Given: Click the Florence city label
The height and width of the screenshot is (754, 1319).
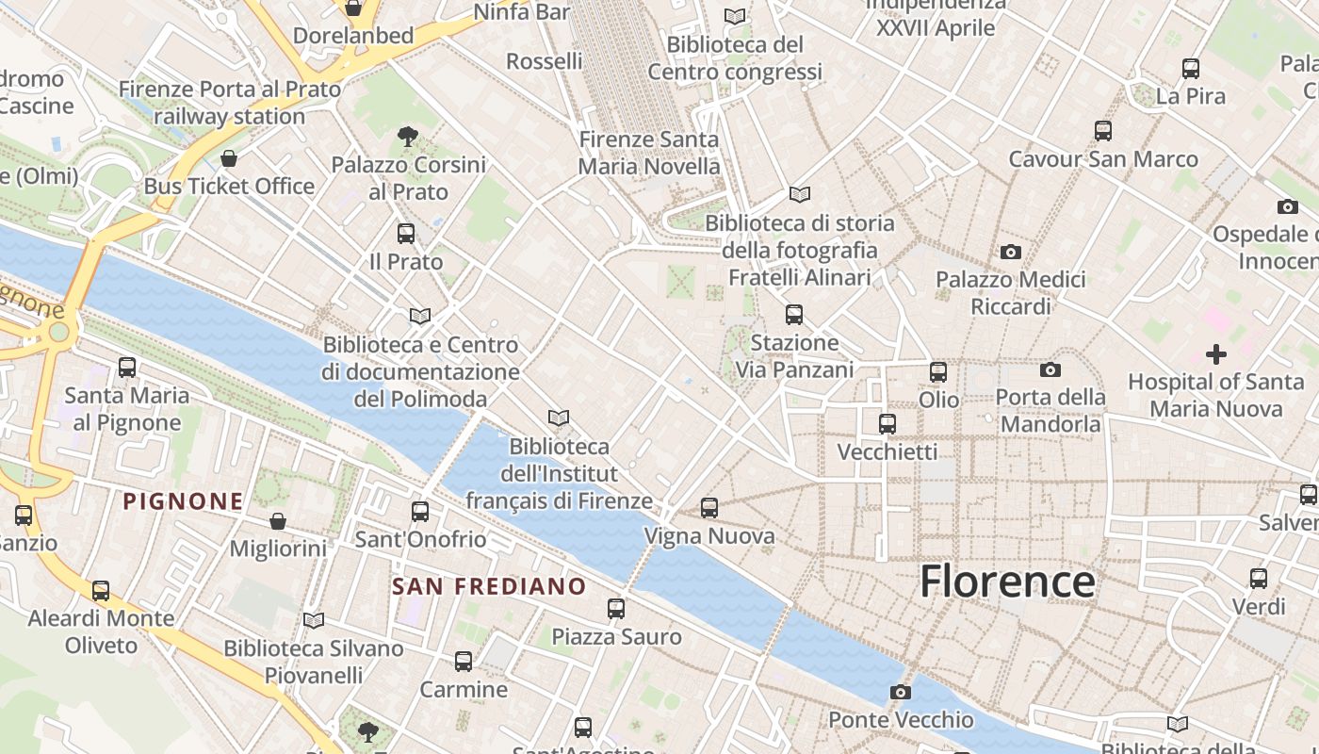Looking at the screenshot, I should pos(1007,582).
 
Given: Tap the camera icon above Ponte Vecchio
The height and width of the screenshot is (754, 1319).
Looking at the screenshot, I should pos(901,693).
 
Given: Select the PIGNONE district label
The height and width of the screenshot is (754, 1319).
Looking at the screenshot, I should pos(184,501).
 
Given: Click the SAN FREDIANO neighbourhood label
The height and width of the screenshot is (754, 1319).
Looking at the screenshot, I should pos(489,586).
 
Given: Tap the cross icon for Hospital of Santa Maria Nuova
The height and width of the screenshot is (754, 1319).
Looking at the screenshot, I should pos(1216,354).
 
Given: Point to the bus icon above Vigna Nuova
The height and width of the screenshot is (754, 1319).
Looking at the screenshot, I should pos(709,508).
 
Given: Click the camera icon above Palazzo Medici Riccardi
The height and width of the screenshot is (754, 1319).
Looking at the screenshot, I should pos(1011,252).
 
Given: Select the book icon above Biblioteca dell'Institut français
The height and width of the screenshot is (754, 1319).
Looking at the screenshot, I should pos(559,418).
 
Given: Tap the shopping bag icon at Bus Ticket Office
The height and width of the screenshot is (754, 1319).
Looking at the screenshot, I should pos(228,158).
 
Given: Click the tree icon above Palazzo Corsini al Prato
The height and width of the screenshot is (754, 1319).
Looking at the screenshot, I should pos(408,137).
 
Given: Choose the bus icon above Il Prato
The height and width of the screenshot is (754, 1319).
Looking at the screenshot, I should pos(406,234).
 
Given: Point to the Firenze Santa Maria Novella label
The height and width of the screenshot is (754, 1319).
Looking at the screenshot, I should pos(648,153).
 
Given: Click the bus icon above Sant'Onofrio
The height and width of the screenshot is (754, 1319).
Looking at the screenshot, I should pos(420,512).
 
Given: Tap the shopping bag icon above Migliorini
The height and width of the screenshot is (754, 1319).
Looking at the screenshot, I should pos(278,521).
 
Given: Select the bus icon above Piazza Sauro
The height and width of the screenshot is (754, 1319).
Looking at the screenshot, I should pos(616,609).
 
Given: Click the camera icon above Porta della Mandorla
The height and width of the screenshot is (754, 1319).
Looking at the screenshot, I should pos(1050,369).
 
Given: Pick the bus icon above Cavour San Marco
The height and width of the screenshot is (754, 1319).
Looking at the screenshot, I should pos(1103,131).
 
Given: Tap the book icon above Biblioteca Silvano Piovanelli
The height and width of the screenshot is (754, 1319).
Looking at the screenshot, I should pos(314,620).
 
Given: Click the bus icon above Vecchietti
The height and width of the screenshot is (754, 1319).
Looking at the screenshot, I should pos(887,424).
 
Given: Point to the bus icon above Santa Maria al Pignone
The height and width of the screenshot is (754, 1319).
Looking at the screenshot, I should pos(127,368).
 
